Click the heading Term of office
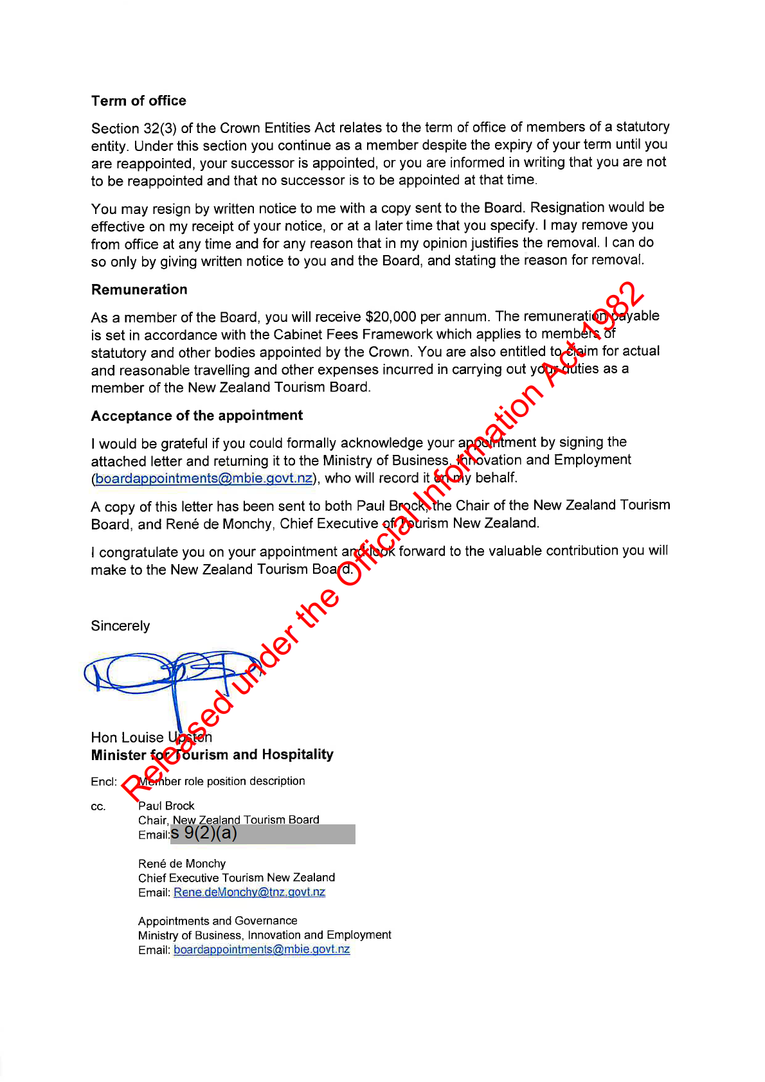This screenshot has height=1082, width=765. tap(138, 101)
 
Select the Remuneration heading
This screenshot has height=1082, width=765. tap(139, 290)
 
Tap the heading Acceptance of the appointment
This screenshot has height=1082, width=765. tap(197, 416)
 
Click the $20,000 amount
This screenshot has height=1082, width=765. tap(390, 317)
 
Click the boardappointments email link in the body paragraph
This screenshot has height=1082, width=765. tap(204, 479)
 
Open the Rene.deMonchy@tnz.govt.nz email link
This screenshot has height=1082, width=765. tap(249, 892)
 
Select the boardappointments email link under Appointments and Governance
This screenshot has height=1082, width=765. tap(262, 950)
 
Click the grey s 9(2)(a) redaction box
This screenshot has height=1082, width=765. tap(263, 834)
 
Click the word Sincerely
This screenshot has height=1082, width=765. tap(120, 626)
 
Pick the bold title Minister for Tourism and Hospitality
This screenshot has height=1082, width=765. tap(212, 755)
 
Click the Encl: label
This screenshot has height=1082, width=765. tap(104, 782)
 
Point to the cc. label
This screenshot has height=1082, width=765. tap(98, 807)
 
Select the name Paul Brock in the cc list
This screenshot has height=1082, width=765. tap(166, 806)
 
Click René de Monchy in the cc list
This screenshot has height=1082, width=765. tap(182, 864)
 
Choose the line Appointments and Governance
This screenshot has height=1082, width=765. tap(217, 921)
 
